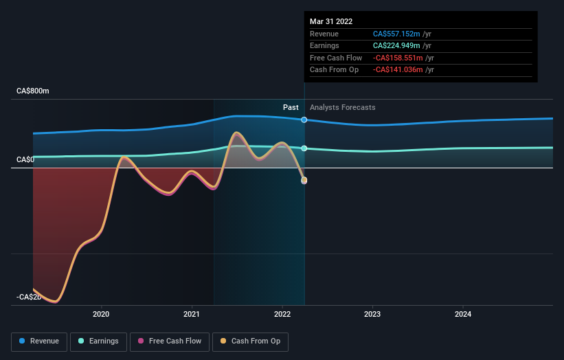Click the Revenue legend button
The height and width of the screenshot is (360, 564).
point(39,341)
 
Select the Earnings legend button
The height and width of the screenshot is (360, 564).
point(98,341)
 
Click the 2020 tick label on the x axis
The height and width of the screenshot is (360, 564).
point(101,315)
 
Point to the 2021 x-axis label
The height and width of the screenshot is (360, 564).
point(192,315)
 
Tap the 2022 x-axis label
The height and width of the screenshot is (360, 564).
point(282,315)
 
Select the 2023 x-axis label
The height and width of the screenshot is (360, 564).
point(372,315)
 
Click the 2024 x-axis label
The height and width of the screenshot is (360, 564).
point(463,315)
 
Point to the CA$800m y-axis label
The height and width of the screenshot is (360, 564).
point(33,91)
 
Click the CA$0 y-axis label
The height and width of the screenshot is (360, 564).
point(25,159)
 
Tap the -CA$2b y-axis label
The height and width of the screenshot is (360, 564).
point(29,297)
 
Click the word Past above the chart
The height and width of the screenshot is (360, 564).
point(291,107)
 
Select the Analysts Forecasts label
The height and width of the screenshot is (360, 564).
point(342,107)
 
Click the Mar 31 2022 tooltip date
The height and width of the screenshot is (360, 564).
point(331,21)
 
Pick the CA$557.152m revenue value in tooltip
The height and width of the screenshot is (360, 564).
point(398,34)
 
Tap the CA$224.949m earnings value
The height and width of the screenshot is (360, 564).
point(398,46)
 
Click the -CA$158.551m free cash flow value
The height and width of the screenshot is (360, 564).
point(396,58)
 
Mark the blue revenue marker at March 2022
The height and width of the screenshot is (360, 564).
point(304,120)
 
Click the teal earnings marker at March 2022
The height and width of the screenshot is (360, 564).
point(304,148)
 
